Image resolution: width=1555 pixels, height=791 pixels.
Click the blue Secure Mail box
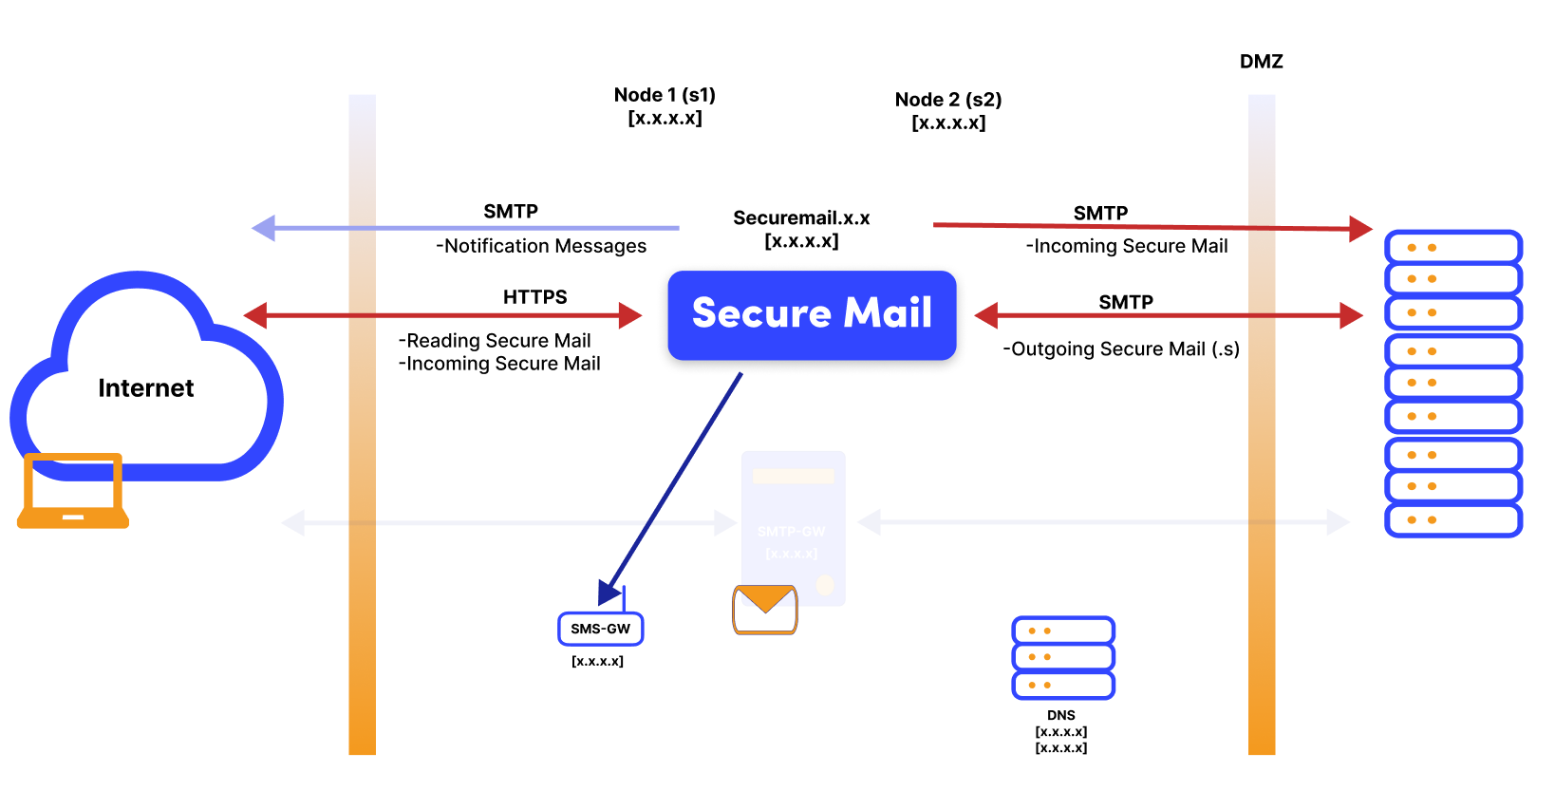(x=812, y=314)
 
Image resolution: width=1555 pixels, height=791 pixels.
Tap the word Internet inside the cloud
(x=145, y=388)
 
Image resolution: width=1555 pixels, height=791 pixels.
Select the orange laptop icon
(x=73, y=491)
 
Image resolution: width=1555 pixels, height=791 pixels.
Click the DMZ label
(x=1261, y=62)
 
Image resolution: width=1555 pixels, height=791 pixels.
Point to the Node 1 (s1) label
(x=665, y=95)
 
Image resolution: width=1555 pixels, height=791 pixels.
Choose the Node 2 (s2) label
(x=948, y=100)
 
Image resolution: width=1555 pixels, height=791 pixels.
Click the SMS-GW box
(x=600, y=629)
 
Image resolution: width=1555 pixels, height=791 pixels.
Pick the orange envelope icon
(x=765, y=610)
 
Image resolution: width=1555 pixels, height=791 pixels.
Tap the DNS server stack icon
(x=1062, y=657)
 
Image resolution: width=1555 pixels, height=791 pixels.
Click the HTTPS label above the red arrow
(x=534, y=297)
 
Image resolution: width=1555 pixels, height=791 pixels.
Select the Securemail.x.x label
(x=801, y=218)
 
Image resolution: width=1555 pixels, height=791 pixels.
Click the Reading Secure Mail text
(x=495, y=341)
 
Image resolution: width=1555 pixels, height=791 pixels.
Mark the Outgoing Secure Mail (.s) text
(x=1121, y=349)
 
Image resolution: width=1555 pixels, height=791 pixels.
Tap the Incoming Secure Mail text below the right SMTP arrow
(x=1127, y=246)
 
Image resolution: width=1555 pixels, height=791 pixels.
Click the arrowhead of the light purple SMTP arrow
(x=264, y=228)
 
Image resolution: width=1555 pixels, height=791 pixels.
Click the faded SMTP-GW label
(x=791, y=532)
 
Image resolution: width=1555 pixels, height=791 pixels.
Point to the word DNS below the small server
(x=1060, y=715)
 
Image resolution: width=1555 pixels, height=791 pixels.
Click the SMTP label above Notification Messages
(x=510, y=212)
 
